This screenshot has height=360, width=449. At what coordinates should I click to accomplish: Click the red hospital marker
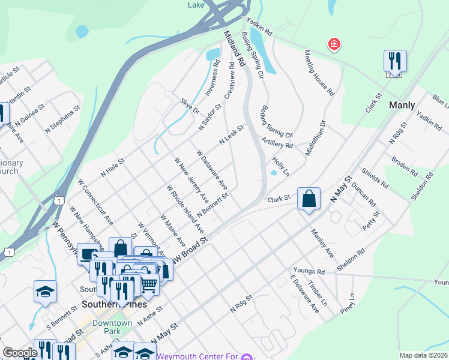coord(333,44)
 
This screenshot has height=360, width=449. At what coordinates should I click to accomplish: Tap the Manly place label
coord(402,105)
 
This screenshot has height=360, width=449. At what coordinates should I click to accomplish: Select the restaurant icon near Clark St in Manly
coord(394,61)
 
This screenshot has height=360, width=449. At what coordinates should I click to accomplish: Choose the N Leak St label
coord(231,135)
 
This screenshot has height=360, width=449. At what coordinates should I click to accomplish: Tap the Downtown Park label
coord(112,327)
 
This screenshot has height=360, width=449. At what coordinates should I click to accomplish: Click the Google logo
coord(20,353)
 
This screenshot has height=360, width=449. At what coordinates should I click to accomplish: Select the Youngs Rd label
coord(309,271)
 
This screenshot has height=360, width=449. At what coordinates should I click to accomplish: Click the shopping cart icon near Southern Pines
coord(149,286)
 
